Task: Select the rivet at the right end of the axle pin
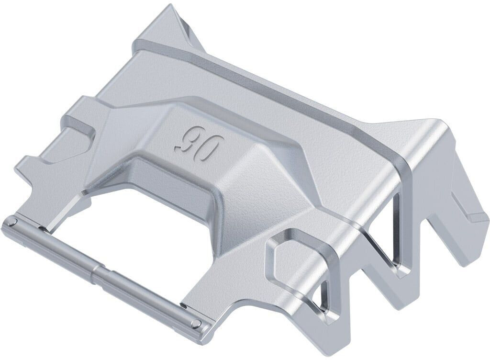coord(195,324)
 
